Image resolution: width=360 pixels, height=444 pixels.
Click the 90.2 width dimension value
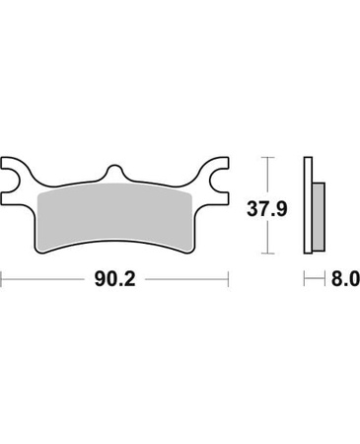coord(114,279)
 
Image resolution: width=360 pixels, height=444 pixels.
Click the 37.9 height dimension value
coord(267,209)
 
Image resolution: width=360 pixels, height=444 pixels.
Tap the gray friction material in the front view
coord(114,217)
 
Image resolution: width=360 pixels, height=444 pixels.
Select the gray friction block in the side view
coord(319,215)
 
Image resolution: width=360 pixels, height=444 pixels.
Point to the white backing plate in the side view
coord(308,205)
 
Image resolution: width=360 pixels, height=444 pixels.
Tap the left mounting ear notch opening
coord(10,181)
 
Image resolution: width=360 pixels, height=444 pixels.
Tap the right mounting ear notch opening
coord(220,181)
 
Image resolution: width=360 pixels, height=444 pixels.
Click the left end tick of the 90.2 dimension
coord(2,279)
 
